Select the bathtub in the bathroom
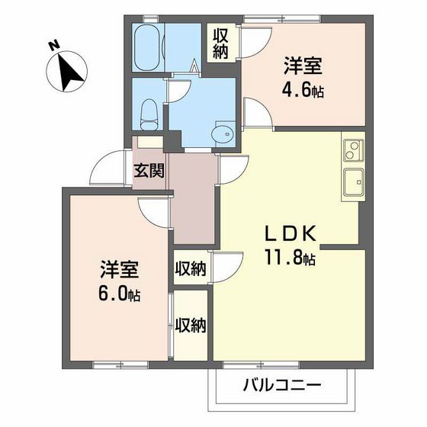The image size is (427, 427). [x=146, y=47]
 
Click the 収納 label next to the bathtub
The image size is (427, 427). [x=221, y=43]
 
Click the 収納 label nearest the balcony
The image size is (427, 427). [x=191, y=326]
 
